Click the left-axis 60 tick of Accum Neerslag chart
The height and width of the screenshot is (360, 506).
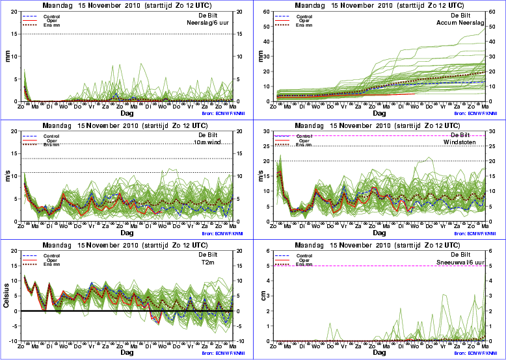click(267, 11)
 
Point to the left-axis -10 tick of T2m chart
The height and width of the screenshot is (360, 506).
click(12, 341)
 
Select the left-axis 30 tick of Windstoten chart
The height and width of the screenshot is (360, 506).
click(267, 131)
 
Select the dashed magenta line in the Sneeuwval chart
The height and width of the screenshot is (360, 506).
click(390, 266)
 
